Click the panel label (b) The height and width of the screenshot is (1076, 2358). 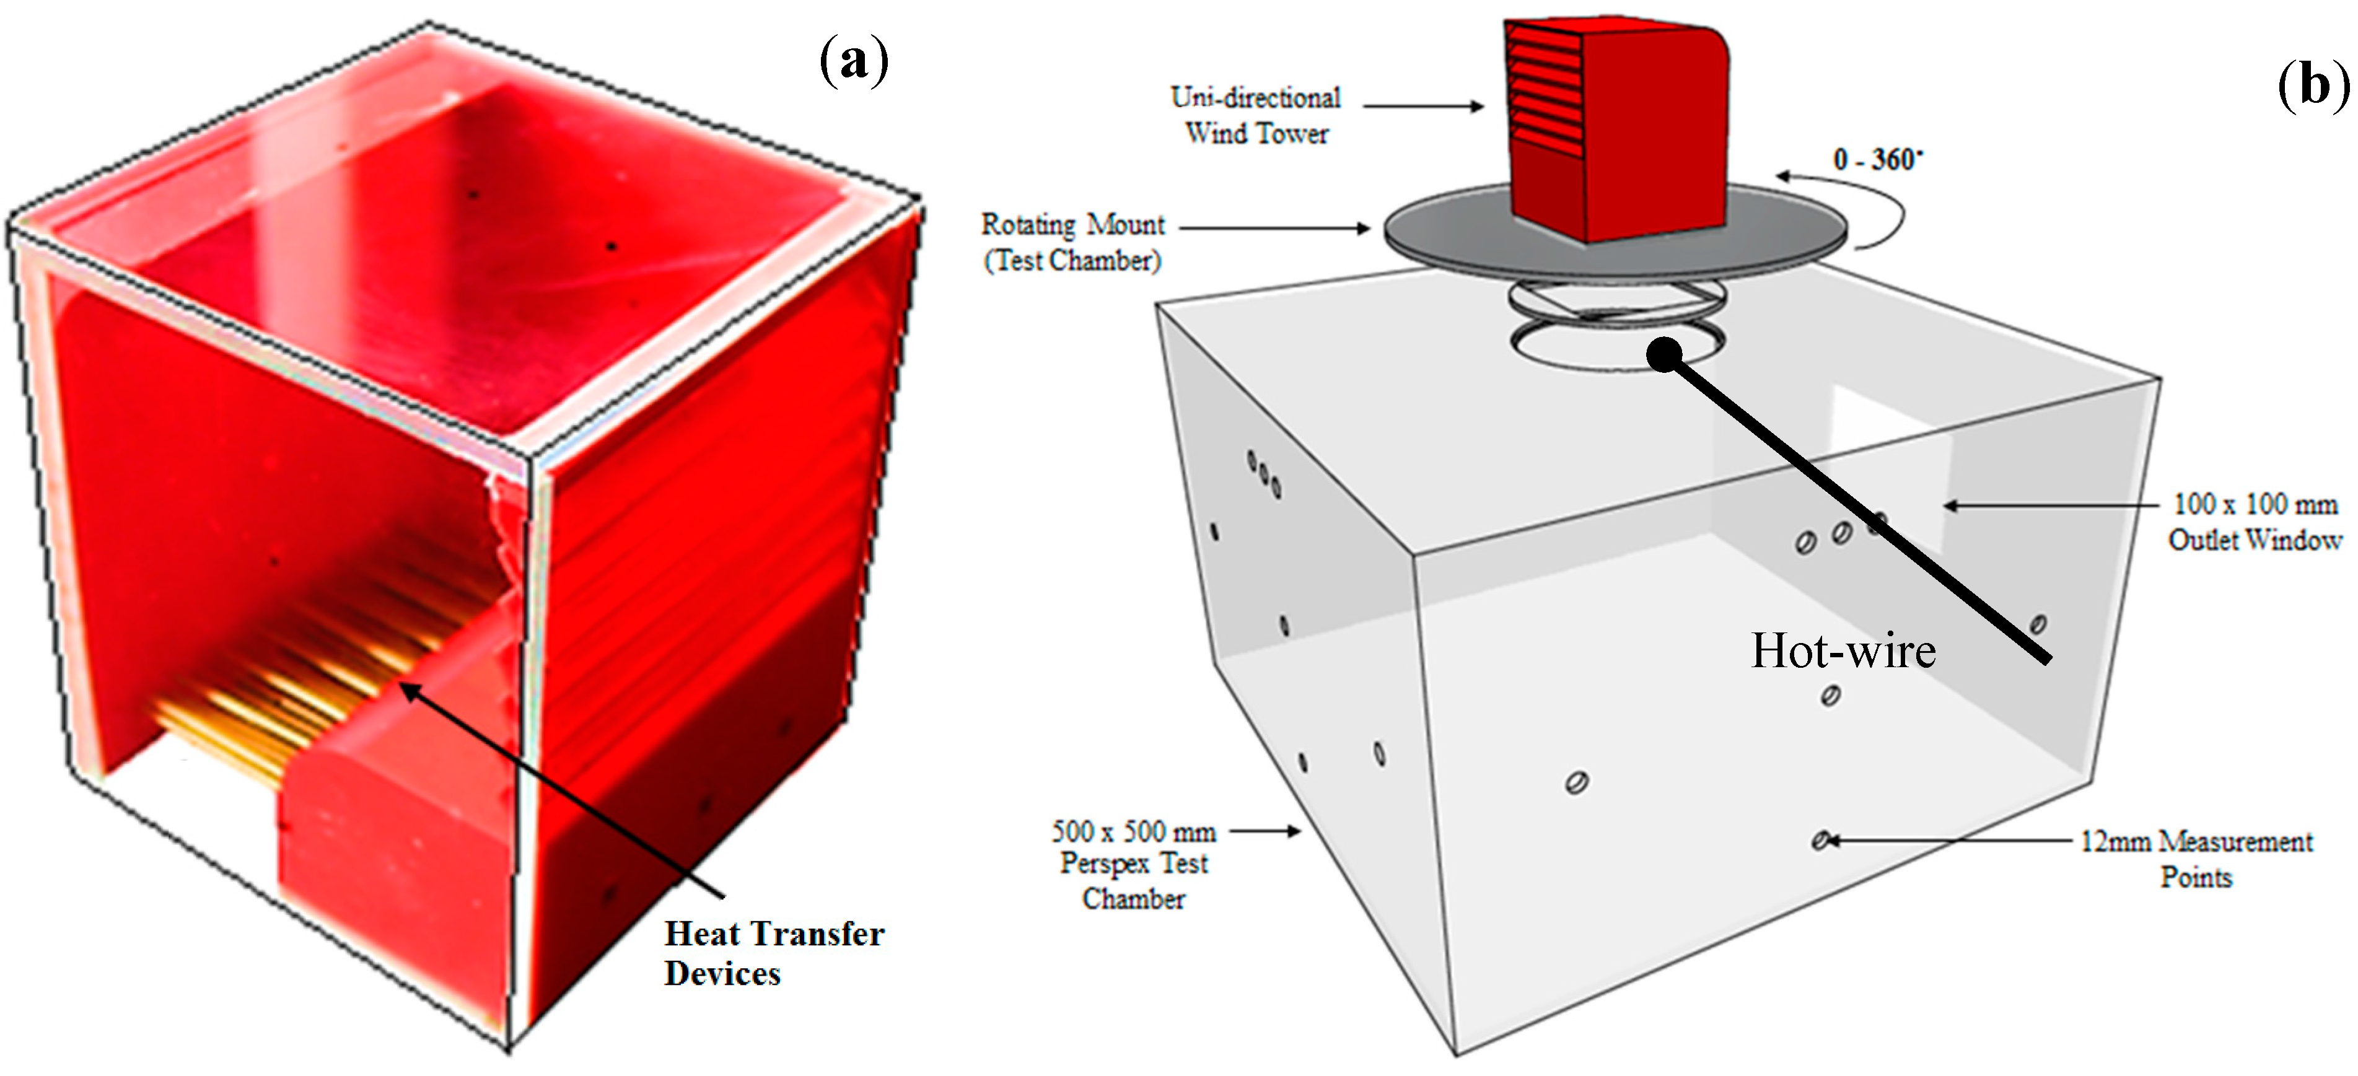coord(2314,87)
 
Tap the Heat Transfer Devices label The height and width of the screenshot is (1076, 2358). coord(773,953)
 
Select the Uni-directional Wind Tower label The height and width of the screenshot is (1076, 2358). coord(1256,115)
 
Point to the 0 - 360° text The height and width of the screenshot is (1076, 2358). coord(1877,159)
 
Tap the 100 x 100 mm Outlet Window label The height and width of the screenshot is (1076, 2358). coord(2255,522)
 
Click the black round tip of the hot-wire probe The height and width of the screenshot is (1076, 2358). coord(1664,354)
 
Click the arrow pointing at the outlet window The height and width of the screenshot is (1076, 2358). coord(2051,505)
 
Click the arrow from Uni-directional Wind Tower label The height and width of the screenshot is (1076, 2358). coord(1423,106)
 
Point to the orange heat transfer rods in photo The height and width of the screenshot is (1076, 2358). coord(302,677)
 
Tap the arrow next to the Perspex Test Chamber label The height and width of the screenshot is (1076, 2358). coord(1265,831)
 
